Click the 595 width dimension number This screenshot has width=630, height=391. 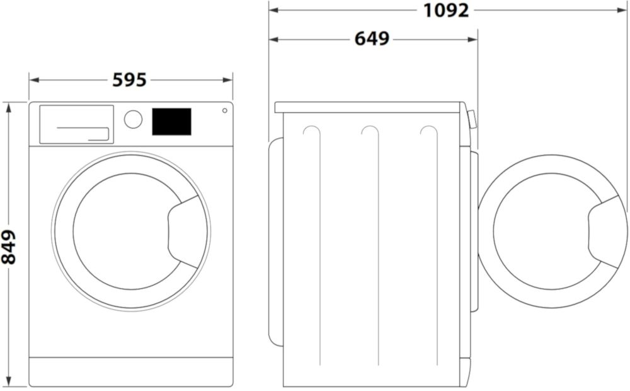tap(130, 80)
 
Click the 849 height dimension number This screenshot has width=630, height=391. tap(9, 247)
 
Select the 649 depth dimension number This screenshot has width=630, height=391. tap(372, 38)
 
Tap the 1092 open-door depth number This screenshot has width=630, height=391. tap(447, 10)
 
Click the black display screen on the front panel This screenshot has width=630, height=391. tap(171, 122)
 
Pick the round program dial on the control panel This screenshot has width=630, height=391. tap(133, 119)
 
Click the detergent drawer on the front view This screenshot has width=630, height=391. tap(76, 124)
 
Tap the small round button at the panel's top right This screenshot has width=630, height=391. tap(224, 111)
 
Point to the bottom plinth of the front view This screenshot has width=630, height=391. tap(130, 371)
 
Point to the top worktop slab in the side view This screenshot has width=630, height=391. tap(370, 107)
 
